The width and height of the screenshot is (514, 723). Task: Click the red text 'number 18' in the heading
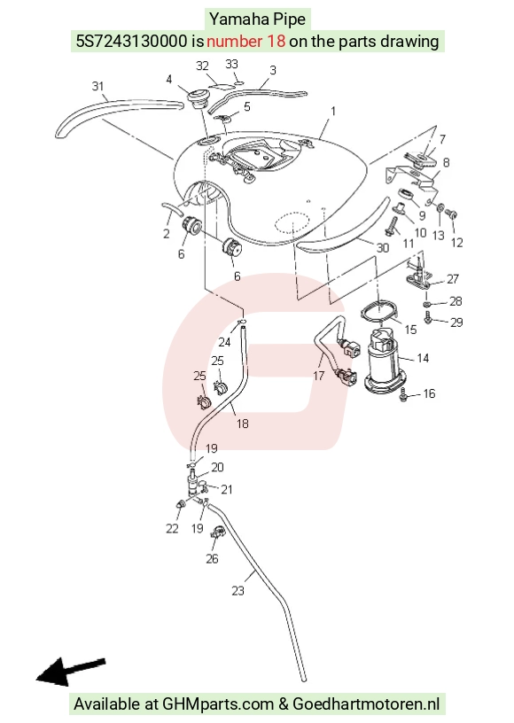click(245, 42)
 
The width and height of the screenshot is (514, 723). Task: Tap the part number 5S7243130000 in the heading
click(132, 42)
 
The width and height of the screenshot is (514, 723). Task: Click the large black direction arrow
click(71, 671)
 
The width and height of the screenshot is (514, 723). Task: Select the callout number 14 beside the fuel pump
click(423, 358)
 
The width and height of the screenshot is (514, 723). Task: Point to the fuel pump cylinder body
click(385, 364)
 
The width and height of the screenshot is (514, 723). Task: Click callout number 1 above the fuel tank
click(333, 111)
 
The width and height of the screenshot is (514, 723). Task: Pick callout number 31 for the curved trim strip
click(97, 86)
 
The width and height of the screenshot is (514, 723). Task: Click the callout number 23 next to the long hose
click(238, 591)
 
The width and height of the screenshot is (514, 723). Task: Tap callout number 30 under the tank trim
click(383, 247)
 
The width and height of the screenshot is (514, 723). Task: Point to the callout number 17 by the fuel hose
click(318, 376)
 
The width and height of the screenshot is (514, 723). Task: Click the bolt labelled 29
click(428, 317)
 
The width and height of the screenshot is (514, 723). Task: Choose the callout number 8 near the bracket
click(446, 162)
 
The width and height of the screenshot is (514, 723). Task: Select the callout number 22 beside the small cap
click(172, 528)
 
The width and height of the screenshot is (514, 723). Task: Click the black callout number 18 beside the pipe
click(243, 424)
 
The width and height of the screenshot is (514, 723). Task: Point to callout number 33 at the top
click(231, 64)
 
